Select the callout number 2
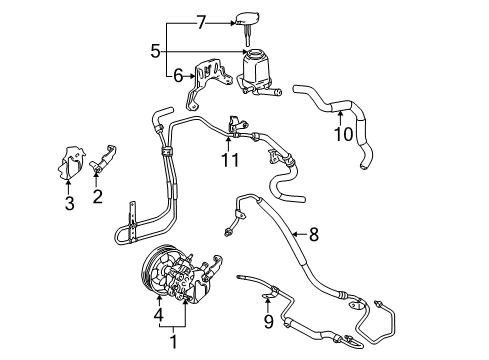(x=98, y=197)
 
